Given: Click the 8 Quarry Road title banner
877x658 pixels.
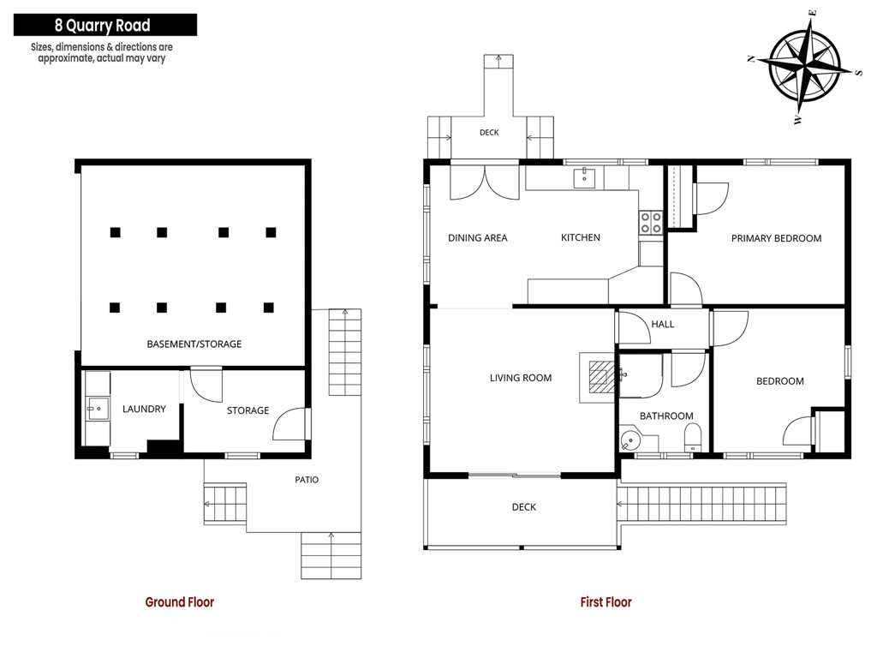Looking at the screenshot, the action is pos(105,25).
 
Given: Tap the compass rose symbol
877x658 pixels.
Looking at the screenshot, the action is pos(803,66).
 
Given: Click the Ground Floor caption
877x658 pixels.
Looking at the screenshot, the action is pos(180,602).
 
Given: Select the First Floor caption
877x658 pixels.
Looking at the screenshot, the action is pos(606,602).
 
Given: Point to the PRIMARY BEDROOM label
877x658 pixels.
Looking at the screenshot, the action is pos(776,238).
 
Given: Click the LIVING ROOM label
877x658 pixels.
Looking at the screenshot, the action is pos(521,378).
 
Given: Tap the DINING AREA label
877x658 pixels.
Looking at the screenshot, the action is pos(478,238).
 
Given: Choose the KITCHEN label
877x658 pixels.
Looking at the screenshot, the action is pos(581,237).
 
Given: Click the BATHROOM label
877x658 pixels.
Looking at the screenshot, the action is pos(666,416).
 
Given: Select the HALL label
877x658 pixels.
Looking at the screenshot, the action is pos(663,324).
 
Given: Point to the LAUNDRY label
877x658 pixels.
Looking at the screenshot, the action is pos(144,409).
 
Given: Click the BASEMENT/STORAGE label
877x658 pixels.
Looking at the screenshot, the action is pos(194,344).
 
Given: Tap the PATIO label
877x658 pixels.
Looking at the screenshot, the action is pos(307,480).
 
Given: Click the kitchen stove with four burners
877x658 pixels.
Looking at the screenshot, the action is pos(651,222).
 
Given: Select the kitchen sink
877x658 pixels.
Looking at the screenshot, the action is pos(584,178).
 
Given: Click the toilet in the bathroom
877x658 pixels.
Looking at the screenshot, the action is pos(693,437).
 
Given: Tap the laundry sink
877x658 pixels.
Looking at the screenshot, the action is pos(98,409).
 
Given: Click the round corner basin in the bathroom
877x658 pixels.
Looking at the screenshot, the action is pos(631,440).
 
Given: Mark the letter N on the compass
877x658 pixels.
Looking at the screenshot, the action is pos(752,58).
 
